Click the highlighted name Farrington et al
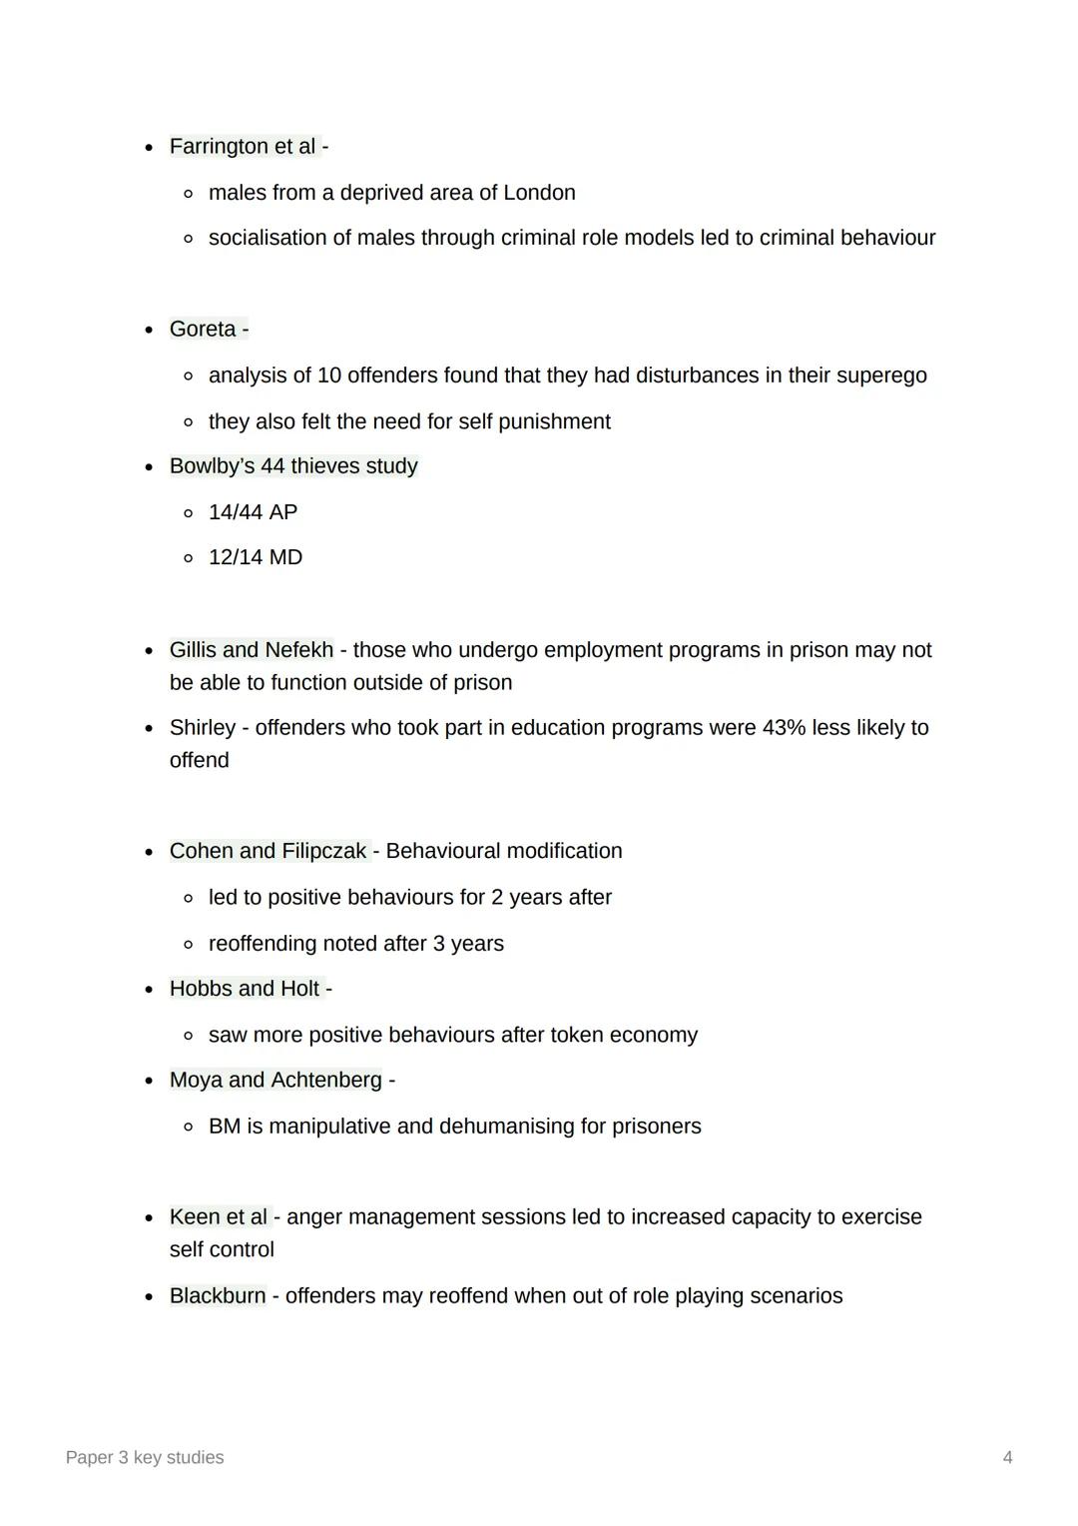coord(243,147)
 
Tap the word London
coord(539,193)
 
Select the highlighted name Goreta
coord(203,330)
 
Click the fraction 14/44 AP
coord(253,512)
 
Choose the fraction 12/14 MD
coord(255,558)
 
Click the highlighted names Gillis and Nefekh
coord(252,650)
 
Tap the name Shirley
coord(203,728)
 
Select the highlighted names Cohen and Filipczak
coord(268,852)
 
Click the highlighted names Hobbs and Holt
coord(245,989)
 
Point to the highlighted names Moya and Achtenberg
coord(275,1081)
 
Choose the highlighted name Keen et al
coord(219,1217)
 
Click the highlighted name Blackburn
coord(218,1296)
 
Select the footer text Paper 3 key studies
coord(145,1458)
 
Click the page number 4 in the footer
coord(1007,1458)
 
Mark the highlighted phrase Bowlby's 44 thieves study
coord(293,466)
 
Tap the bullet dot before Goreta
coord(149,330)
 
